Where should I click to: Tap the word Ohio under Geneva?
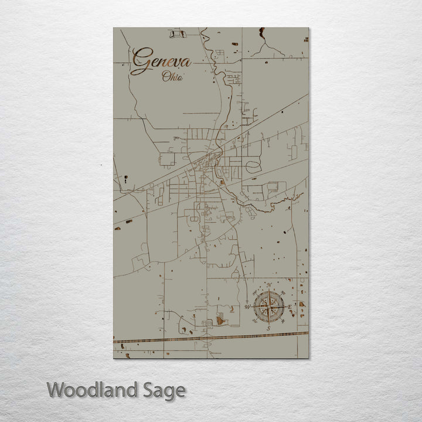click(x=172, y=76)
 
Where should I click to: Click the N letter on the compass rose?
click(x=269, y=285)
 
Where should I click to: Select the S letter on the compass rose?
click(x=268, y=328)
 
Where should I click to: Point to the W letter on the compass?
click(x=247, y=307)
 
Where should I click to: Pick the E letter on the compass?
click(x=290, y=307)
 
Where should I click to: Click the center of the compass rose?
click(x=269, y=307)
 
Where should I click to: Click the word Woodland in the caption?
click(x=91, y=390)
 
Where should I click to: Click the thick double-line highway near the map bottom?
click(x=211, y=337)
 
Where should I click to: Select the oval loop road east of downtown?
click(x=254, y=166)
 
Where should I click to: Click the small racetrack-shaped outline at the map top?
click(x=178, y=34)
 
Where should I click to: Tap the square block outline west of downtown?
click(x=167, y=159)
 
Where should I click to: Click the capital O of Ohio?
click(x=166, y=76)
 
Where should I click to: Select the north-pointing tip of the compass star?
click(x=269, y=291)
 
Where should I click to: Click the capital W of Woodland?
click(x=56, y=390)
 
